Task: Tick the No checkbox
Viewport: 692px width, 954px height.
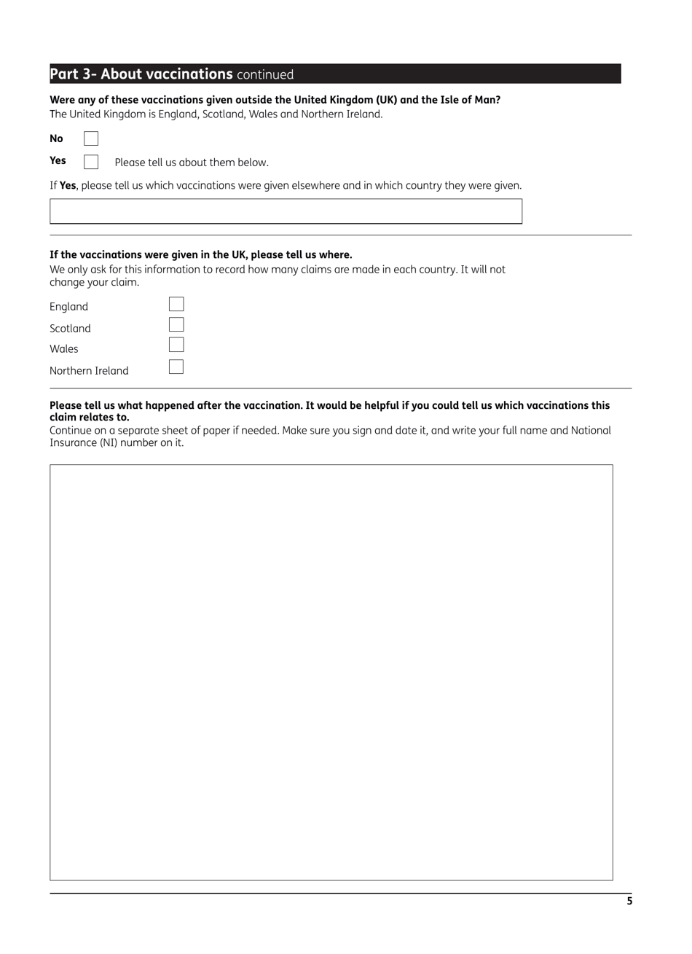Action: click(91, 138)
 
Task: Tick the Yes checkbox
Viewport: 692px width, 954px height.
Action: click(91, 162)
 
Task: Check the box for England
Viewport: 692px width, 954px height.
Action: click(176, 305)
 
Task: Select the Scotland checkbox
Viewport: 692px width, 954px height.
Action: click(176, 325)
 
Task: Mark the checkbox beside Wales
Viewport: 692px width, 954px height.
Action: click(176, 345)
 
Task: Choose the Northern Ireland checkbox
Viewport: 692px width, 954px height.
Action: click(176, 367)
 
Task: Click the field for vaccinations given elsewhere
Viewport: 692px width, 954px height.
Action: click(286, 211)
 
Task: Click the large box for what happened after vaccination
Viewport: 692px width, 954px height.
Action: click(331, 672)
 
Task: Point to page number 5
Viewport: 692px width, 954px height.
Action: click(629, 902)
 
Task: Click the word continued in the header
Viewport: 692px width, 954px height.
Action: click(265, 74)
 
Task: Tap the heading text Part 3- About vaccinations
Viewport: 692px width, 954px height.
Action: click(141, 74)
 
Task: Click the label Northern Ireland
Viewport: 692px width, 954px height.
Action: click(89, 371)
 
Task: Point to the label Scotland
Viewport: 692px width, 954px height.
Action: click(70, 329)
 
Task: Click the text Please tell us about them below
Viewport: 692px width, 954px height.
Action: click(192, 163)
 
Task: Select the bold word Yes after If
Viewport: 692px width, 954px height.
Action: click(68, 186)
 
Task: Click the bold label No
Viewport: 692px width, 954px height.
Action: click(56, 138)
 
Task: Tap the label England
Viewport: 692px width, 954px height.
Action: click(68, 307)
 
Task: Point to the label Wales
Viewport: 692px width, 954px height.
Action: click(64, 349)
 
